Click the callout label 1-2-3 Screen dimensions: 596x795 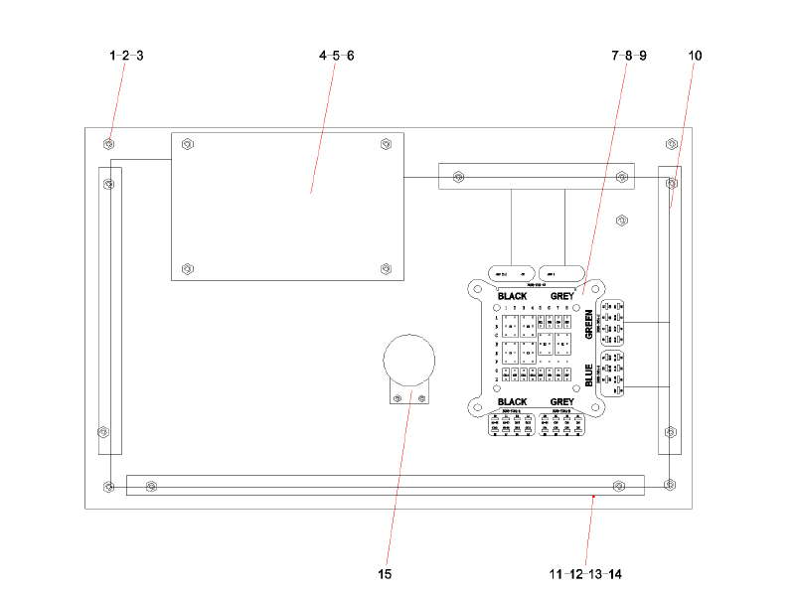point(126,56)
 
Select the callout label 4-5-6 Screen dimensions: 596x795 point(336,56)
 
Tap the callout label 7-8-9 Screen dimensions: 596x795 point(629,56)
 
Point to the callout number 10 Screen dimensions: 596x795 point(695,56)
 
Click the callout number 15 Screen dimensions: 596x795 point(385,574)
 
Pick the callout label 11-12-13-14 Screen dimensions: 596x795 point(585,574)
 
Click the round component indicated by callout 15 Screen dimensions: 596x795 point(409,360)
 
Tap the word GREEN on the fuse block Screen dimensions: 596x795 point(588,325)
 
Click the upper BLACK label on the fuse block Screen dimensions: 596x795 point(513,296)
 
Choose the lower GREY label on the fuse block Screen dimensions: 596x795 point(561,402)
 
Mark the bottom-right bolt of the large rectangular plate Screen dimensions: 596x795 point(387,268)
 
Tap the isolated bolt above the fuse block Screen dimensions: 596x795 point(622,220)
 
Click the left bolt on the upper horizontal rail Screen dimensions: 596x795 point(457,178)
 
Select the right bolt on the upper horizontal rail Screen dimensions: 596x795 point(623,178)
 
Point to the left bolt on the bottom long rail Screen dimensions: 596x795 point(151,486)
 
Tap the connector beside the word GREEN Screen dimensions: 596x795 point(612,324)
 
